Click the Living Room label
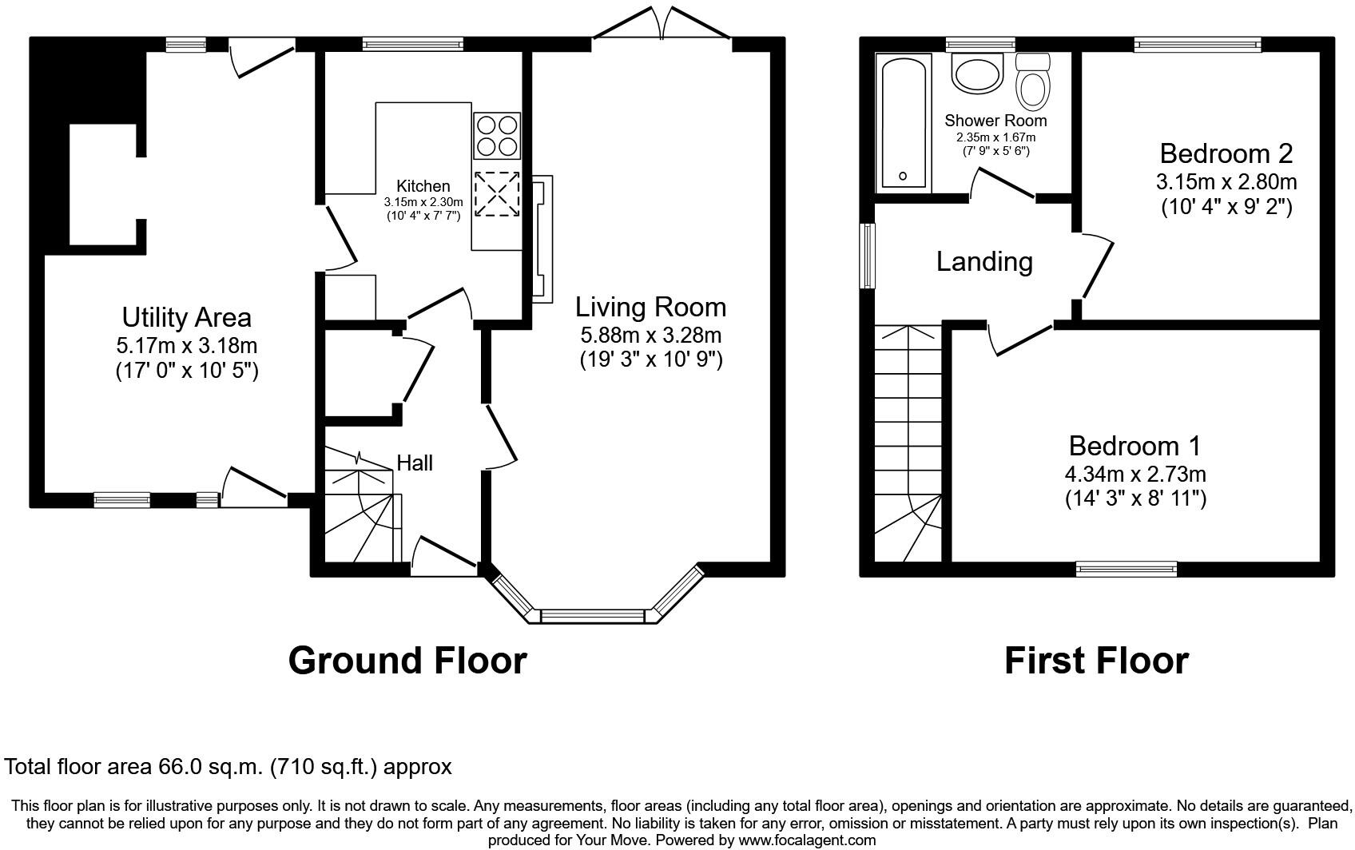(x=650, y=307)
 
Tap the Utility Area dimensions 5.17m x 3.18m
(x=186, y=346)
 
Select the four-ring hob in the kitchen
(x=497, y=135)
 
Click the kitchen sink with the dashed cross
(x=497, y=193)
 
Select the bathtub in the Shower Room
(x=903, y=122)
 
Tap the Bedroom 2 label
(x=1226, y=153)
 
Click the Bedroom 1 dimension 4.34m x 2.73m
(x=1134, y=474)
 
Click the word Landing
(x=984, y=262)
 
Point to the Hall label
(x=415, y=463)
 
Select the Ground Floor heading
(x=407, y=661)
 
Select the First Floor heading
(x=1096, y=661)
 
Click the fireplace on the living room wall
(x=541, y=239)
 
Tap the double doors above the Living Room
(x=662, y=24)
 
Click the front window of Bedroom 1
(x=1126, y=569)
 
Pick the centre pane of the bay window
(x=592, y=616)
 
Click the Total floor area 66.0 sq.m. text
(x=228, y=767)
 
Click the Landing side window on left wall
(x=867, y=256)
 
